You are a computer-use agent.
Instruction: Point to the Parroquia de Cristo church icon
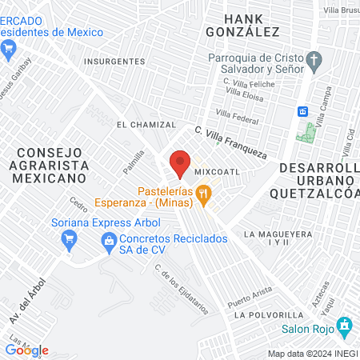315,60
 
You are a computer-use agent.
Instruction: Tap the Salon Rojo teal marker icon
345,326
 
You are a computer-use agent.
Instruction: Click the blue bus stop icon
303,111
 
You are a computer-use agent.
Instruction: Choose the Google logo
26,350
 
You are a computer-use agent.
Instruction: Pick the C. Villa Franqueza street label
230,140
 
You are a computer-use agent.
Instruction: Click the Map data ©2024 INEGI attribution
313,354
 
